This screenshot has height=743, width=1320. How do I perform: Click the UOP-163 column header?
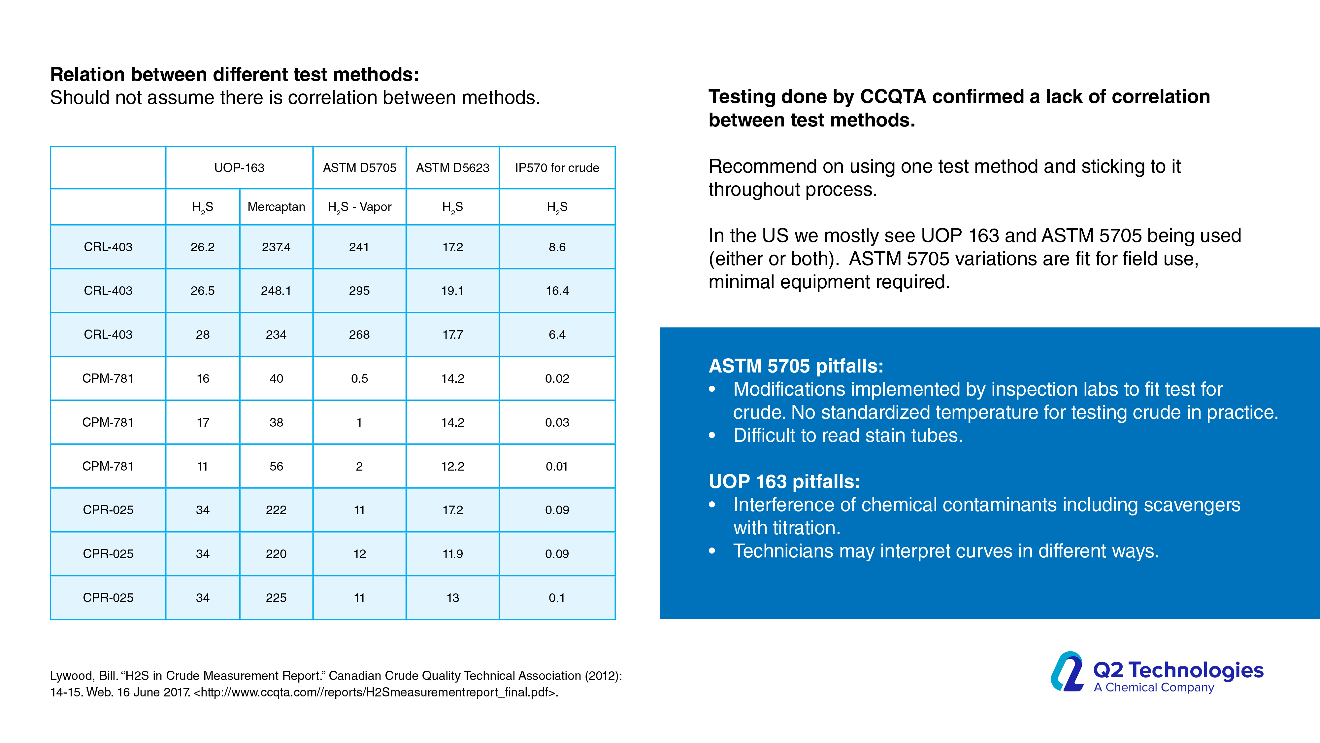click(x=239, y=168)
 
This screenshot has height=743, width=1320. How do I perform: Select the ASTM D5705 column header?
click(x=359, y=168)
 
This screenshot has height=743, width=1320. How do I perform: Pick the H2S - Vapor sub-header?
click(x=359, y=207)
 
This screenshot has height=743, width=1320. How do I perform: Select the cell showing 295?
click(x=359, y=291)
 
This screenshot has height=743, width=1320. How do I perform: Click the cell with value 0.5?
click(x=359, y=378)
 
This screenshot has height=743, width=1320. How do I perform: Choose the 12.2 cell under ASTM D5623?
click(x=452, y=466)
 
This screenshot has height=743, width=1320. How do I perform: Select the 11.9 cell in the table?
click(x=452, y=554)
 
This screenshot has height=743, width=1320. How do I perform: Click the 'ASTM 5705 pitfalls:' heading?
click(x=796, y=366)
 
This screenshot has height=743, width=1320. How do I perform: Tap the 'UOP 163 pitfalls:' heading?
click(x=784, y=481)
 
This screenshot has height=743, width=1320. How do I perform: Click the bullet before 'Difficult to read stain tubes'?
click(x=712, y=435)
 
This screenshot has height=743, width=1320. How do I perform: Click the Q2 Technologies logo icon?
click(x=1067, y=672)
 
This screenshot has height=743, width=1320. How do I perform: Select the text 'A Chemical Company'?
click(x=1153, y=688)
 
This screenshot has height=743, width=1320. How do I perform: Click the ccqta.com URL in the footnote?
click(x=377, y=692)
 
